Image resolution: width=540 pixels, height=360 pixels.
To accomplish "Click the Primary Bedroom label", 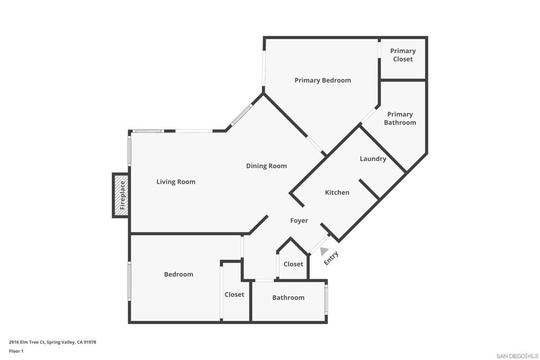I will click(322, 80).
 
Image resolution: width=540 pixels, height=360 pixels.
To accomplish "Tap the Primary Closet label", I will click(402, 55).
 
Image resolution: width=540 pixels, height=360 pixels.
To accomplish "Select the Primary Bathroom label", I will click(400, 118).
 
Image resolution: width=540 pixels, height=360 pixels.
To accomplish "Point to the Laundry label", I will click(373, 159).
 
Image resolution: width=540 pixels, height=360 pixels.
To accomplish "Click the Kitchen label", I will click(337, 192).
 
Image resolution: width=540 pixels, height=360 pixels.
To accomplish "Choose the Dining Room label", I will click(266, 166).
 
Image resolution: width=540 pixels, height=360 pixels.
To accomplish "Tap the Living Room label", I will click(176, 182).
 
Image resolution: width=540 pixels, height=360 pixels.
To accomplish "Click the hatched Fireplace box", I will click(121, 195).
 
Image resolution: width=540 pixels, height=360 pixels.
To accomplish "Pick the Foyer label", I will click(299, 221).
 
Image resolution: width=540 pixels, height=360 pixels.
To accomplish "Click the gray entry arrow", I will click(323, 252).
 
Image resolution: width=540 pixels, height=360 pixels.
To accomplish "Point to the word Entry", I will click(331, 258).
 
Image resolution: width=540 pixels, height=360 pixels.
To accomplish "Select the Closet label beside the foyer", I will click(293, 264).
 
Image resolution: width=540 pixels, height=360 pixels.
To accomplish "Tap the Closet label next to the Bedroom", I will click(234, 295).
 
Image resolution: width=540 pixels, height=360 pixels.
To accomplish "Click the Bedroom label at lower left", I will click(178, 274).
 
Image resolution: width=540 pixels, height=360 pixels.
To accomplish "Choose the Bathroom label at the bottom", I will click(288, 298).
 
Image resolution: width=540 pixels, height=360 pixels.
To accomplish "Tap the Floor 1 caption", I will click(16, 351).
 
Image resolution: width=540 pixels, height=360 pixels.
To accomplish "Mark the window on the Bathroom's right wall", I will click(326, 299).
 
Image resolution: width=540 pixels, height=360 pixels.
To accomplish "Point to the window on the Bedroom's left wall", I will click(129, 281).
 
